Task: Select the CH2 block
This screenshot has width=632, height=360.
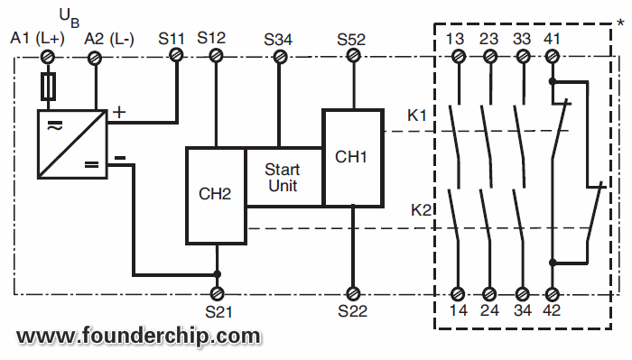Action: point(216,195)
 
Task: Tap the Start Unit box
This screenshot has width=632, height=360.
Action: point(283,177)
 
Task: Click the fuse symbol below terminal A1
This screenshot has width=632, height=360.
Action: point(50,87)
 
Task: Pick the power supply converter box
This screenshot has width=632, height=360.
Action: point(70,143)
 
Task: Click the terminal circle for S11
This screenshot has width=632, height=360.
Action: point(177,56)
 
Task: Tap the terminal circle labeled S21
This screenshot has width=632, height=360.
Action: point(217,294)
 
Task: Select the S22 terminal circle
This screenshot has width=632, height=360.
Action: point(351,294)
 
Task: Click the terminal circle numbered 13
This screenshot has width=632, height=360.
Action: point(458,56)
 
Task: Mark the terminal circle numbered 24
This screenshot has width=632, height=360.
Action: point(489,294)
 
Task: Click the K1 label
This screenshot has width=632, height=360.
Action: point(417,115)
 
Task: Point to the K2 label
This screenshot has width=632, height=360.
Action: point(421,210)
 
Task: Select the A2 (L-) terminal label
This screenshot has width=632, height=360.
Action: point(108,38)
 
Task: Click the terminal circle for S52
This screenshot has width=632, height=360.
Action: point(351,56)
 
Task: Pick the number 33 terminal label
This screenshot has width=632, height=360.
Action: point(521,39)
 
